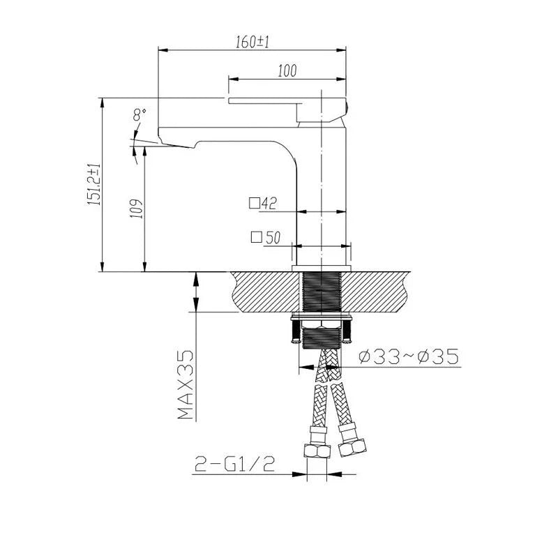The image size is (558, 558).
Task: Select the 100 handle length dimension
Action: [287, 70]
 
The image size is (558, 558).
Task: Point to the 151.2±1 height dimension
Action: [94, 184]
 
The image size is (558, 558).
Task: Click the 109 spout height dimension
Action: [137, 208]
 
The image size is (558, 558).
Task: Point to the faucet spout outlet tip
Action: [177, 144]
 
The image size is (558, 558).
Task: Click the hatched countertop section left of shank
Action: [265, 292]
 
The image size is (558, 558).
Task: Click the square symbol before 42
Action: [255, 204]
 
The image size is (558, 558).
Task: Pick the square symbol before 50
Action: [257, 237]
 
